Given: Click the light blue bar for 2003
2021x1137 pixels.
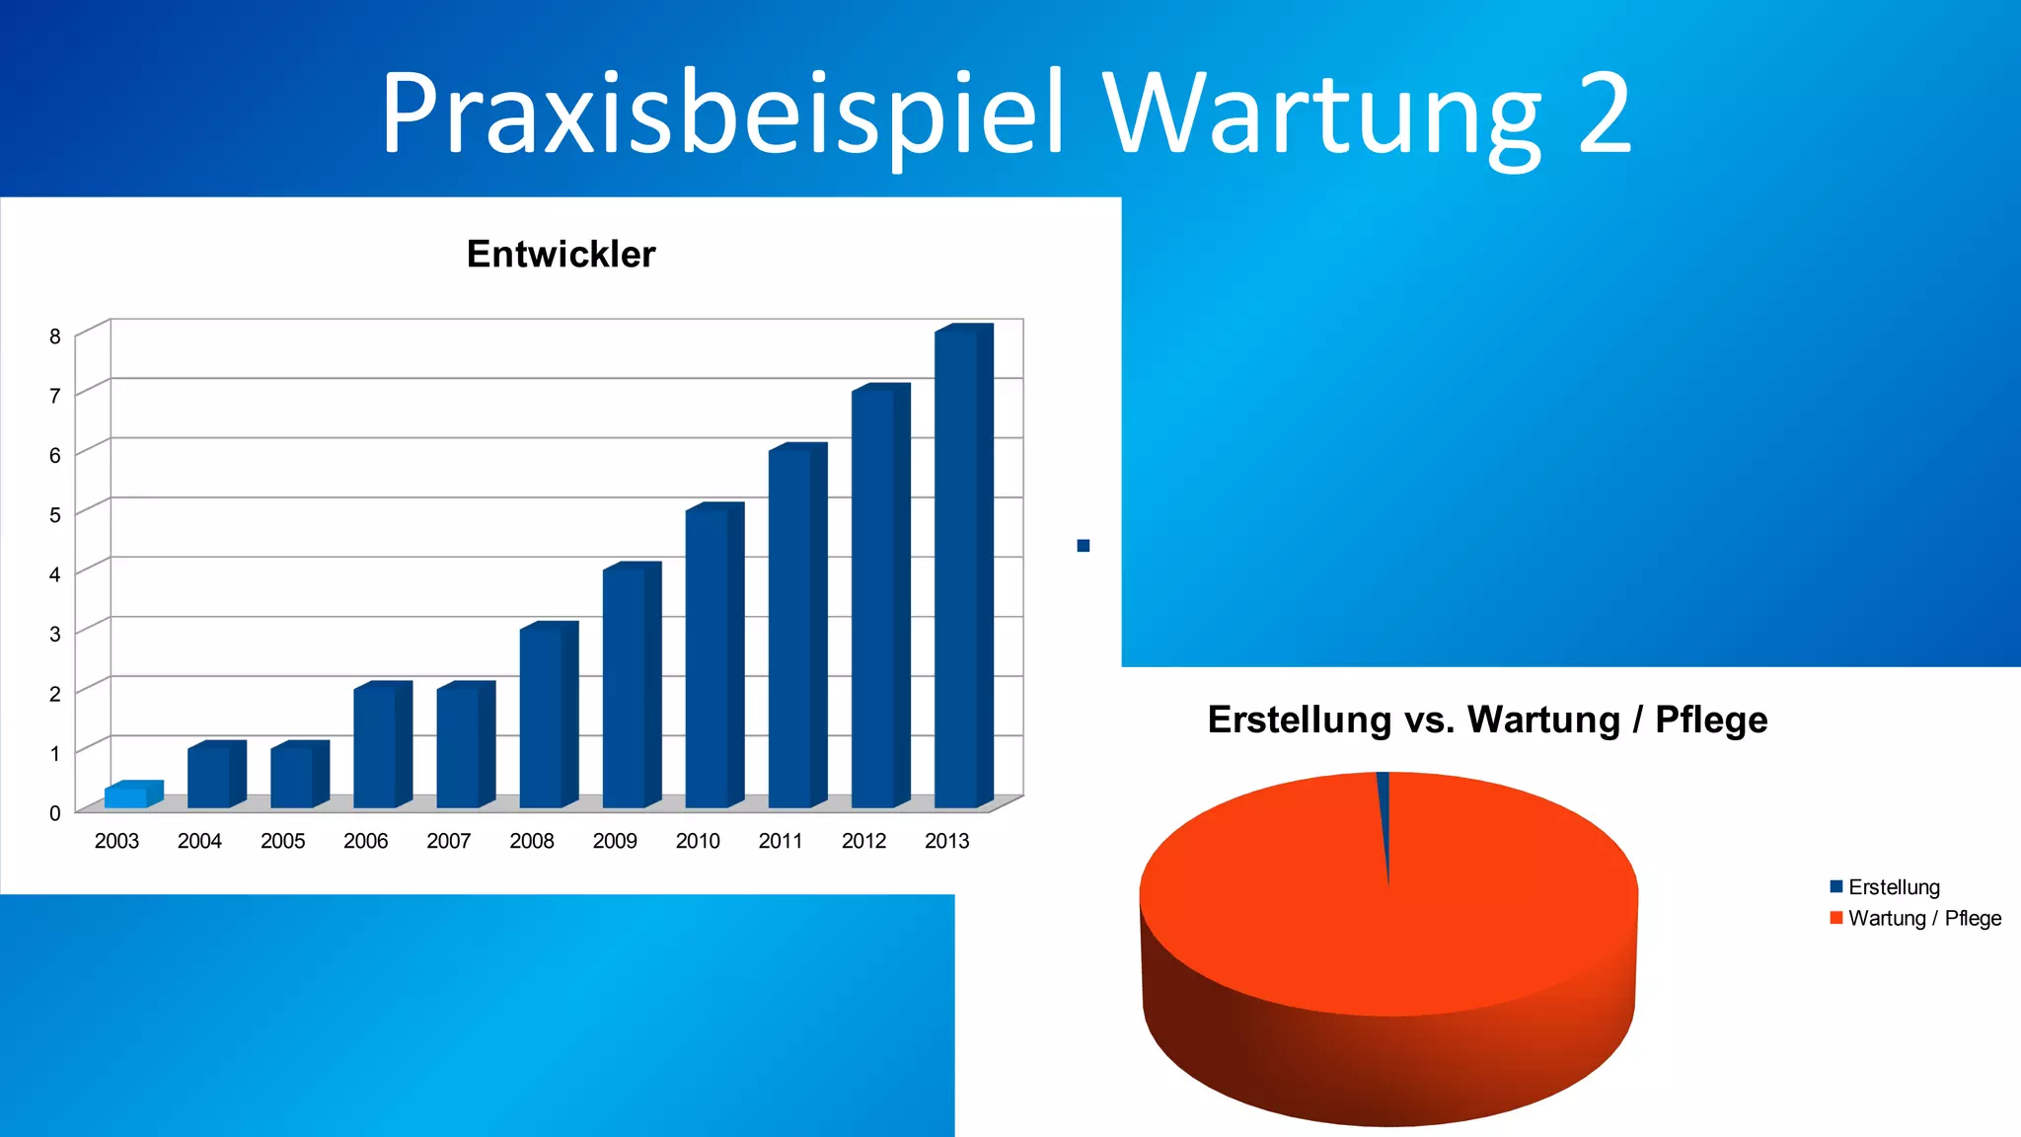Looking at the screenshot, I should tap(127, 796).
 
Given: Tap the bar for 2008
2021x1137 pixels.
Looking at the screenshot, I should tap(542, 717).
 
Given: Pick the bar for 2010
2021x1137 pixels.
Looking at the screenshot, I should tap(708, 657).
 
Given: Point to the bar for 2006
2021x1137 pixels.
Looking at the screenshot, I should tap(376, 746).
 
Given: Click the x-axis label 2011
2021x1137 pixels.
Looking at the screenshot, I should tap(781, 841).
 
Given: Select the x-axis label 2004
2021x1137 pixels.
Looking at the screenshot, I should tap(199, 841).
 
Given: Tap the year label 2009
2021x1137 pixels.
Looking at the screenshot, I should tap(615, 841).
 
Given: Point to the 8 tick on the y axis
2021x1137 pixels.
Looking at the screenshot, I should tap(55, 337).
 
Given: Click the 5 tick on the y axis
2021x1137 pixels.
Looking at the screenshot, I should tap(55, 515).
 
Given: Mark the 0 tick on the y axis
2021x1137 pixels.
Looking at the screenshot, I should tap(55, 813).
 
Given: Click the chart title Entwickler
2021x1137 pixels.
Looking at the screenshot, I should tap(561, 255).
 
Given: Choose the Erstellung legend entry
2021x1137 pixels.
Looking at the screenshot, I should tap(1893, 887).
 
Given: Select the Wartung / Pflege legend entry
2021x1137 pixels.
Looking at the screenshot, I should tap(1923, 919).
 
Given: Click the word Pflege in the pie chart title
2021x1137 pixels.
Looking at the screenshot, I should tap(1711, 720).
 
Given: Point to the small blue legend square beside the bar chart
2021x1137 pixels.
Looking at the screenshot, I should tap(1084, 546).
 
